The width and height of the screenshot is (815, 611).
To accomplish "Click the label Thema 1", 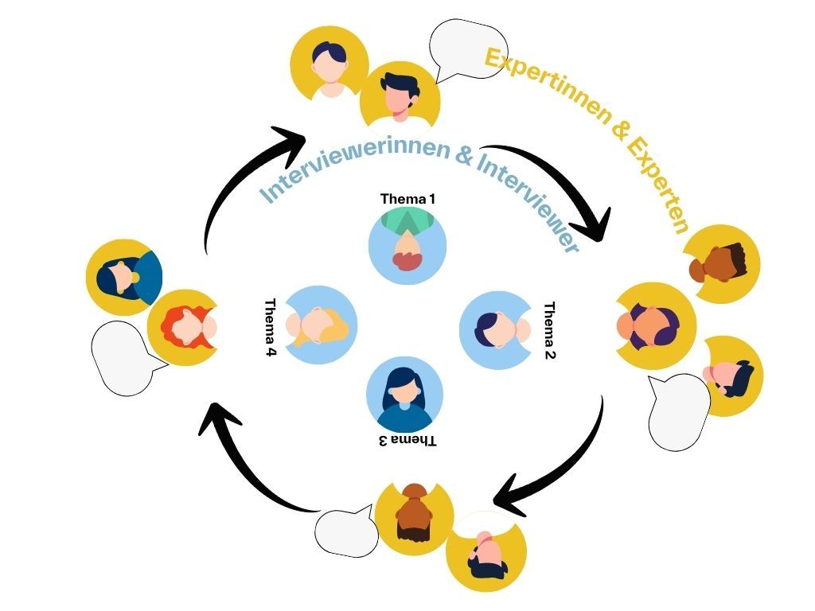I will coord(407,198).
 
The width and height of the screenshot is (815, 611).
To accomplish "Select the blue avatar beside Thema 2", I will coord(498,328).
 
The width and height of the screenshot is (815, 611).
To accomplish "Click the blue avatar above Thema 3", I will coord(404,394).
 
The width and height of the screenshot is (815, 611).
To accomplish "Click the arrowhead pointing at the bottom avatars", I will coord(509,498).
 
